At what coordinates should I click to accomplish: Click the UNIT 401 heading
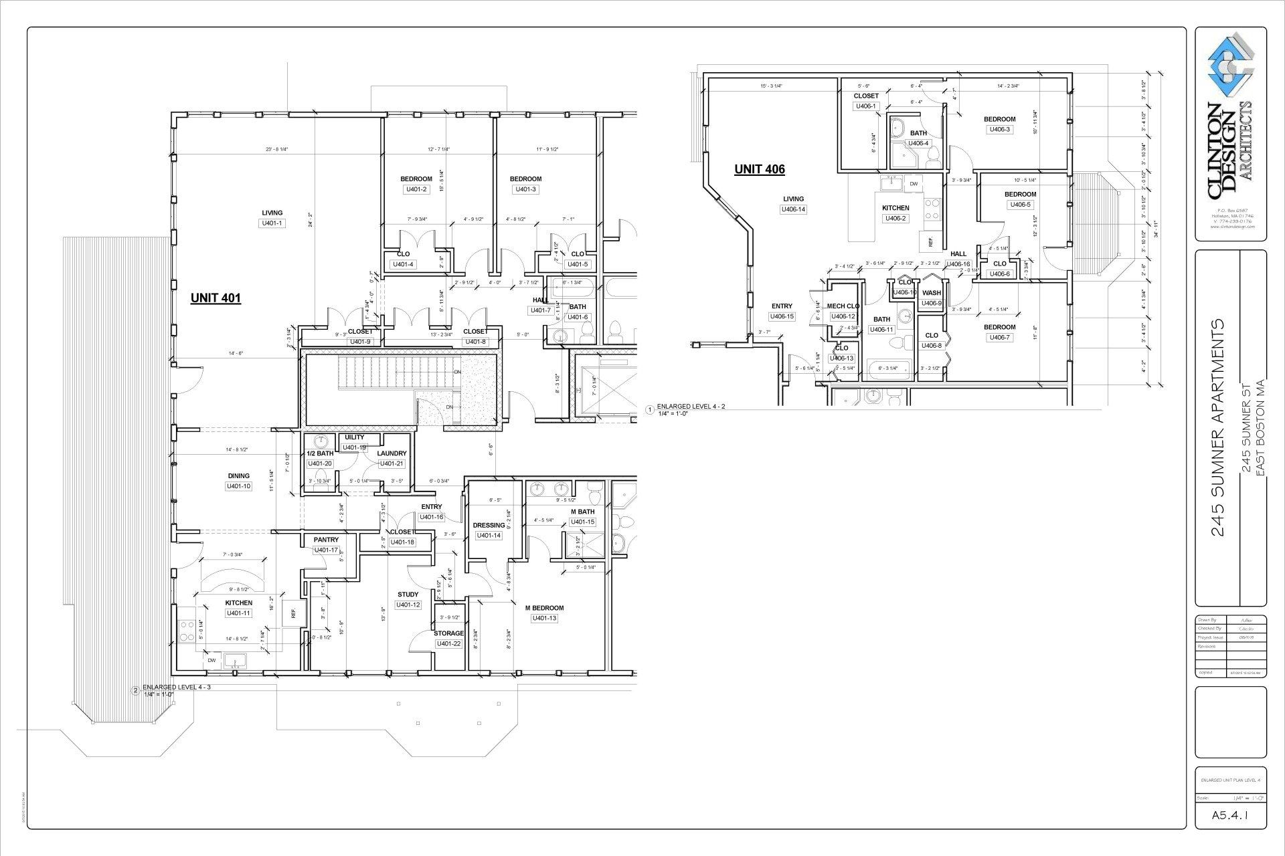pyautogui.click(x=216, y=298)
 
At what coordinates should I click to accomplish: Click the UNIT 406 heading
pyautogui.click(x=759, y=169)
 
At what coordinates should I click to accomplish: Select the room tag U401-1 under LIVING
pyautogui.click(x=272, y=223)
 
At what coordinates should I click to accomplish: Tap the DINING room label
pyautogui.click(x=239, y=476)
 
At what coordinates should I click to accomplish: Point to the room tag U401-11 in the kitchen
pyautogui.click(x=239, y=613)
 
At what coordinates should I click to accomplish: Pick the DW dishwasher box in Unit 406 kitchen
pyautogui.click(x=914, y=183)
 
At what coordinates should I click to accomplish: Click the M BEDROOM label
pyautogui.click(x=544, y=608)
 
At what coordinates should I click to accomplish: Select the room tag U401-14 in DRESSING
pyautogui.click(x=489, y=535)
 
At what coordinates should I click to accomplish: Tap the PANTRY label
pyautogui.click(x=326, y=540)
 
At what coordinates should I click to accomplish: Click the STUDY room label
pyautogui.click(x=408, y=595)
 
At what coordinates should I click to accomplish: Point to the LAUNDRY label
pyautogui.click(x=392, y=453)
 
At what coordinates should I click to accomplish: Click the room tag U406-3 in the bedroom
pyautogui.click(x=999, y=130)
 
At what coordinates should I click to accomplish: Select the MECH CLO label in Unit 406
pyautogui.click(x=843, y=306)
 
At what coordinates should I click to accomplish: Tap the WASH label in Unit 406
pyautogui.click(x=931, y=293)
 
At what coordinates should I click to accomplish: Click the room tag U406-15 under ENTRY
pyautogui.click(x=781, y=316)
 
